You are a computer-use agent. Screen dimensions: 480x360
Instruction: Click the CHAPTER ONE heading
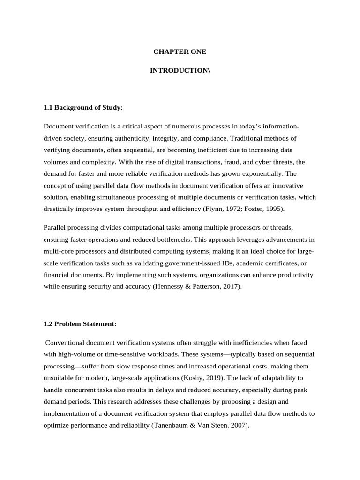pos(180,52)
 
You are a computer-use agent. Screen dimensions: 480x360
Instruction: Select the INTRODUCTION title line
pos(180,70)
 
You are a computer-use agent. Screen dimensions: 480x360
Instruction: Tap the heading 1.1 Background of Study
pos(83,108)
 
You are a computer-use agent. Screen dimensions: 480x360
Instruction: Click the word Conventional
pos(64,343)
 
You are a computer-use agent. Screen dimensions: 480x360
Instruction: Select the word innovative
pos(299,185)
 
